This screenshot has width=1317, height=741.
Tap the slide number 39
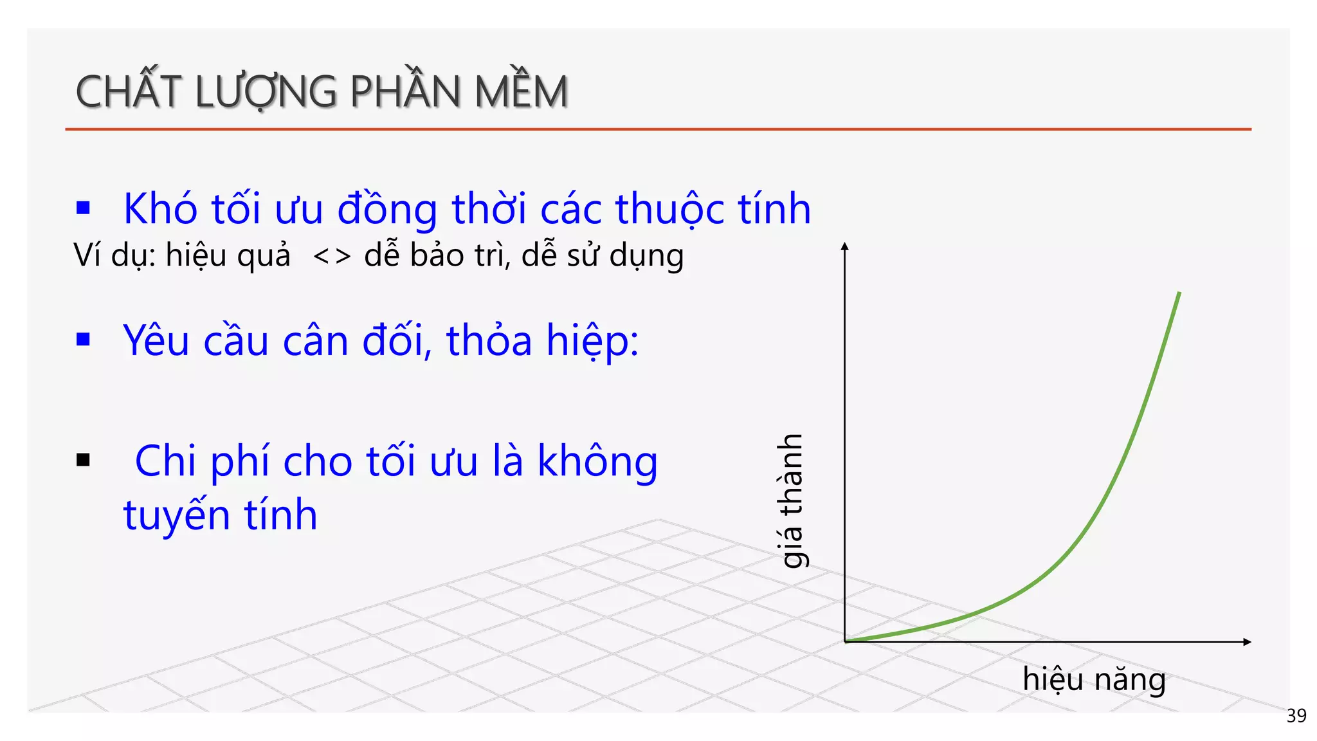pos(1296,715)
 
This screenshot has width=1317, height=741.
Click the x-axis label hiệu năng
pos(1094,680)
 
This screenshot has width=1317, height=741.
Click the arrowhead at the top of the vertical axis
pos(845,246)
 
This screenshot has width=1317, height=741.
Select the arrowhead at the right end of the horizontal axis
pos(1247,641)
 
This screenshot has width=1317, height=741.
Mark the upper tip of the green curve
pos(1179,294)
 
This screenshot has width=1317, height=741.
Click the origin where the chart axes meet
pos(845,641)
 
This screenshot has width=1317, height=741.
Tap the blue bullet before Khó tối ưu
pos(83,208)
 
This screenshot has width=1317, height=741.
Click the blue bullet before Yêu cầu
pos(83,339)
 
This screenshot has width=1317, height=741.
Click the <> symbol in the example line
pos(332,256)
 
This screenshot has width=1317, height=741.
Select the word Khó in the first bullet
pos(160,209)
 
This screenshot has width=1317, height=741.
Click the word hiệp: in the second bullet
pos(592,341)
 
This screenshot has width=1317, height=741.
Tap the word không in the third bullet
pos(597,462)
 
